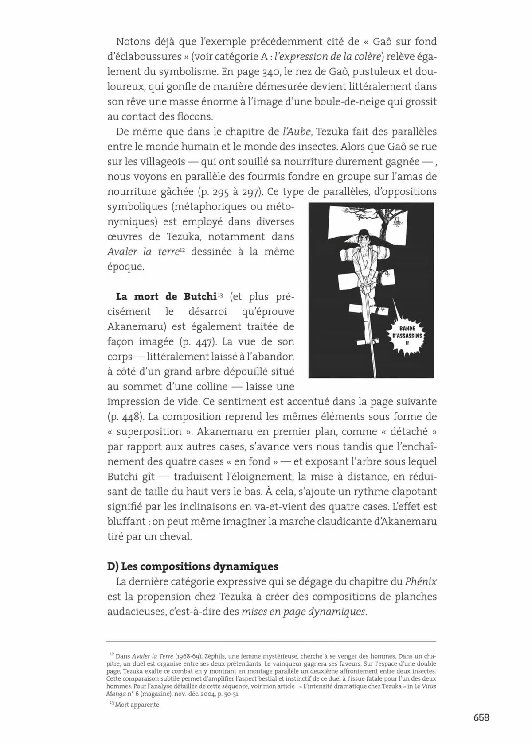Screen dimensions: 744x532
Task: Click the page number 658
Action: [x=481, y=717]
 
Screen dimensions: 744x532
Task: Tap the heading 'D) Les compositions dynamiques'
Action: [x=193, y=566]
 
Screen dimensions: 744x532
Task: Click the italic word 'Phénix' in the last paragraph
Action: [x=421, y=581]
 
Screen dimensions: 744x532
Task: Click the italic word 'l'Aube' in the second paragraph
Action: [x=297, y=132]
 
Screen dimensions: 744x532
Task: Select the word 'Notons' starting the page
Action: [x=132, y=42]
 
